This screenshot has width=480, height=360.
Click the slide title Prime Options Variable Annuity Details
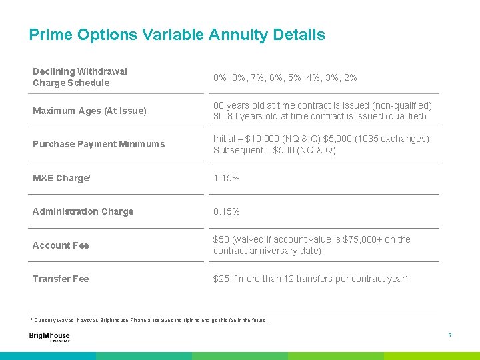point(177,35)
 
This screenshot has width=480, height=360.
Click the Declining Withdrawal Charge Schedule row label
point(80,77)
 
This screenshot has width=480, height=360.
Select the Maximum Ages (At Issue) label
point(89,111)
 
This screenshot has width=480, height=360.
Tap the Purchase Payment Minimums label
point(99,144)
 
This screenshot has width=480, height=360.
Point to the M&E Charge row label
point(61,178)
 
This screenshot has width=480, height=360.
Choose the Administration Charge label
point(83,211)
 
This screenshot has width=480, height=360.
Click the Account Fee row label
point(61,245)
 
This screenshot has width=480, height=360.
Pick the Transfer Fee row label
point(61,279)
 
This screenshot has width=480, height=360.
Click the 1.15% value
point(227,178)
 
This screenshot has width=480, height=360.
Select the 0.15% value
point(227,211)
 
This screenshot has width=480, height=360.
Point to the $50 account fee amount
point(221,239)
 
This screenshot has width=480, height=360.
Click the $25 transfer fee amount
point(221,279)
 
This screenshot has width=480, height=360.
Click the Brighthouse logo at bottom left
point(49,337)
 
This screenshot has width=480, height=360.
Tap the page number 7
point(450,335)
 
